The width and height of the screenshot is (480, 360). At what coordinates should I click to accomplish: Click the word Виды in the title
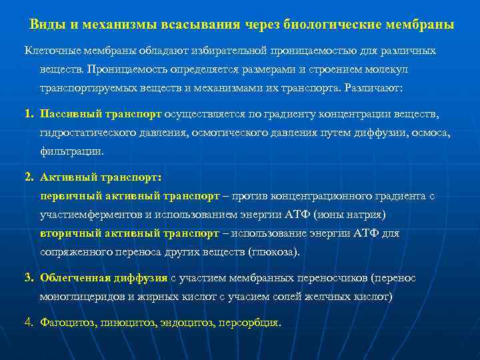pyautogui.click(x=45, y=25)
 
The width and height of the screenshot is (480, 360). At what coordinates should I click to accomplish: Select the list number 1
pyautogui.click(x=29, y=114)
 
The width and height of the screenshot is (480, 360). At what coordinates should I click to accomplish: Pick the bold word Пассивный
pyautogui.click(x=69, y=114)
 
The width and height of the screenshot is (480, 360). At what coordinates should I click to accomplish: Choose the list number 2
pyautogui.click(x=29, y=178)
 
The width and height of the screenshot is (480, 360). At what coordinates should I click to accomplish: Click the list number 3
pyautogui.click(x=29, y=278)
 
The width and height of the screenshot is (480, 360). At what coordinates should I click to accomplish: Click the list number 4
pyautogui.click(x=29, y=323)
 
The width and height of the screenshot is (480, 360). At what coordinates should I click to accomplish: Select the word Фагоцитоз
pyautogui.click(x=67, y=323)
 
